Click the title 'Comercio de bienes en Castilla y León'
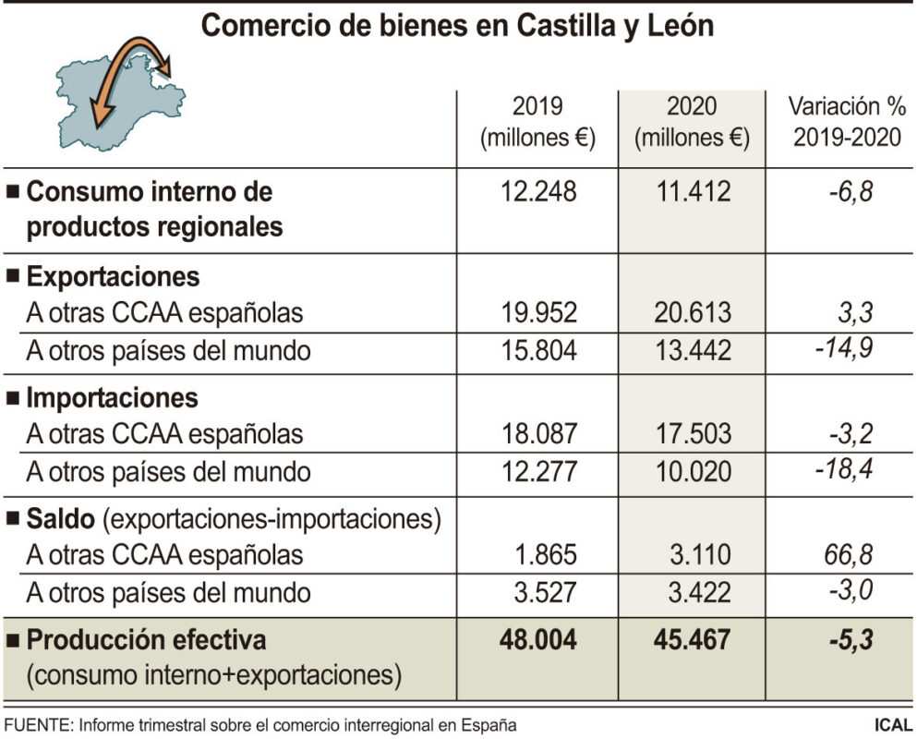[457, 26]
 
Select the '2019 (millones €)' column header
[537, 122]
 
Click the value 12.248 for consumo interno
[537, 192]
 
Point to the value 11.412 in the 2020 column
[692, 192]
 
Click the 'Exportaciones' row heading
[112, 276]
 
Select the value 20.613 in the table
[692, 313]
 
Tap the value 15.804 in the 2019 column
[537, 351]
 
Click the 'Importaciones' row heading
[112, 397]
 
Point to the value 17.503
[692, 433]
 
